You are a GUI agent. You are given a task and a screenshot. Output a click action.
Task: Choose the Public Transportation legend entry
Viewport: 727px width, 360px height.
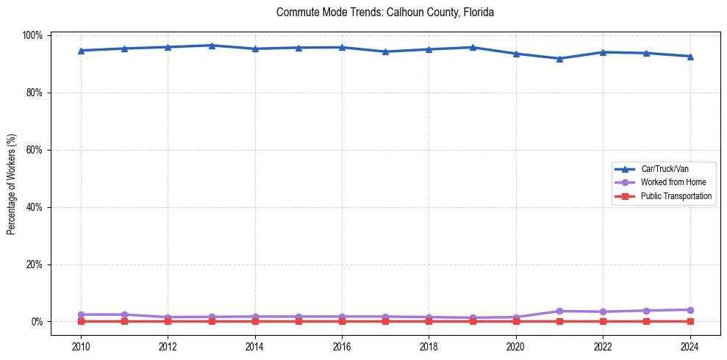676,196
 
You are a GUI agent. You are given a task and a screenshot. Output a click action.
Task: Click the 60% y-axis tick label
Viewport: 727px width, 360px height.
34,150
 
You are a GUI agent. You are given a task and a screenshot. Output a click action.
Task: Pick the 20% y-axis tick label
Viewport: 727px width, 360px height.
34,264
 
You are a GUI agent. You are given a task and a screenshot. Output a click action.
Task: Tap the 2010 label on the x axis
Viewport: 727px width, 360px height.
81,347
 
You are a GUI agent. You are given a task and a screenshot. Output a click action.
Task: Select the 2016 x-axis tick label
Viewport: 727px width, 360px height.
342,347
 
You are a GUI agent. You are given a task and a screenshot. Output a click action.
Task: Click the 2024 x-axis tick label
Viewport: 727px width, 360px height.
690,347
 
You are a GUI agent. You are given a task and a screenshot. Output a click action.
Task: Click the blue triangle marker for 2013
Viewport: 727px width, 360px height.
212,46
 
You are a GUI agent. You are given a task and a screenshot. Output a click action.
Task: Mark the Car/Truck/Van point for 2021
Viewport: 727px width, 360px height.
559,59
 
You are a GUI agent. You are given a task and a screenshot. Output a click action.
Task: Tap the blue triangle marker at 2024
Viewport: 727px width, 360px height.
690,57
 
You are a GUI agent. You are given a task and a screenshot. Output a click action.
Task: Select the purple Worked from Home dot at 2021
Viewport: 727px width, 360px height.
559,312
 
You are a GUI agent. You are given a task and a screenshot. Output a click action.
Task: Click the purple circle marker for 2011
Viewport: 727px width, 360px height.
124,314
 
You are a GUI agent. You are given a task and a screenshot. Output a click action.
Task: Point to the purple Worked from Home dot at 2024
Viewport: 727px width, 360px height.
690,310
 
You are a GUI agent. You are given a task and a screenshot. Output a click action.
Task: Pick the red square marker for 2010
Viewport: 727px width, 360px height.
81,321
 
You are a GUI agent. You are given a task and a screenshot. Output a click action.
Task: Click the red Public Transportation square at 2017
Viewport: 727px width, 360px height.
385,321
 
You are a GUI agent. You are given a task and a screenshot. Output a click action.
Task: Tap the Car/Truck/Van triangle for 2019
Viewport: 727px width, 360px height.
473,48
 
